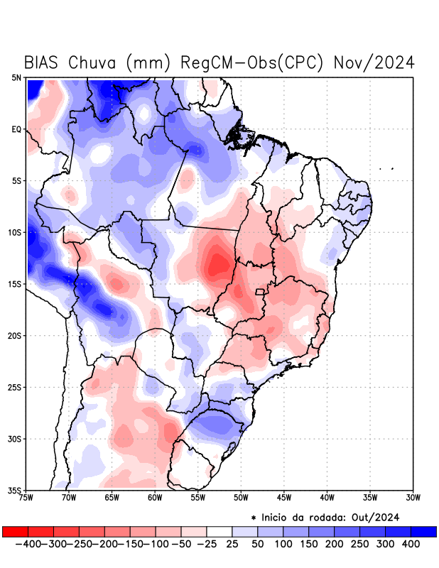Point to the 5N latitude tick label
point(16,77)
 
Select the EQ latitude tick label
point(16,129)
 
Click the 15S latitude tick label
point(15,284)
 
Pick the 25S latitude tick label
point(15,387)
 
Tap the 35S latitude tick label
point(15,490)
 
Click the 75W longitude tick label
point(26,498)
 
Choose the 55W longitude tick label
point(198,498)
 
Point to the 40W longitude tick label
point(327,498)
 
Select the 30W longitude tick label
point(413,498)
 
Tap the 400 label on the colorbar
point(411,544)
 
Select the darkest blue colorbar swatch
point(423,531)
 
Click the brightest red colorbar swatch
point(15,531)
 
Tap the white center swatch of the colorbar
point(220,531)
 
